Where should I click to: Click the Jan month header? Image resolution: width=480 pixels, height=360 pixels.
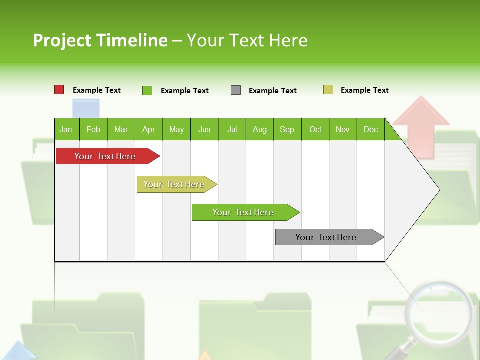(x=66, y=129)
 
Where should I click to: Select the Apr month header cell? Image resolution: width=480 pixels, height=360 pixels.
(x=149, y=129)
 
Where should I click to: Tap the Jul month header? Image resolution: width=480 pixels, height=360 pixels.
(x=232, y=129)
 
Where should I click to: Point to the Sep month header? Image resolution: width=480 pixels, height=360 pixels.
(x=287, y=129)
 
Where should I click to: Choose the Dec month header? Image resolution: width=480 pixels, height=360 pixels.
(x=370, y=129)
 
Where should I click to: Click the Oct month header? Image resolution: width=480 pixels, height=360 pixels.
(x=315, y=129)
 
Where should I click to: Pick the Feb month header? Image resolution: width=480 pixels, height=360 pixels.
(x=93, y=129)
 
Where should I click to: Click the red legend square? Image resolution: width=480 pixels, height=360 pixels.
(x=59, y=90)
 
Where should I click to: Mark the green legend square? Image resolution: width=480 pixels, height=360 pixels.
(x=147, y=90)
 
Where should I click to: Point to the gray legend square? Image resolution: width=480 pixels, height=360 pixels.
(x=236, y=90)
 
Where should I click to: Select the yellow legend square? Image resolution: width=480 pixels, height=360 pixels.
(x=328, y=90)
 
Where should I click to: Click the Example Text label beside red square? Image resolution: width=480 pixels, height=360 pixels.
(x=97, y=90)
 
